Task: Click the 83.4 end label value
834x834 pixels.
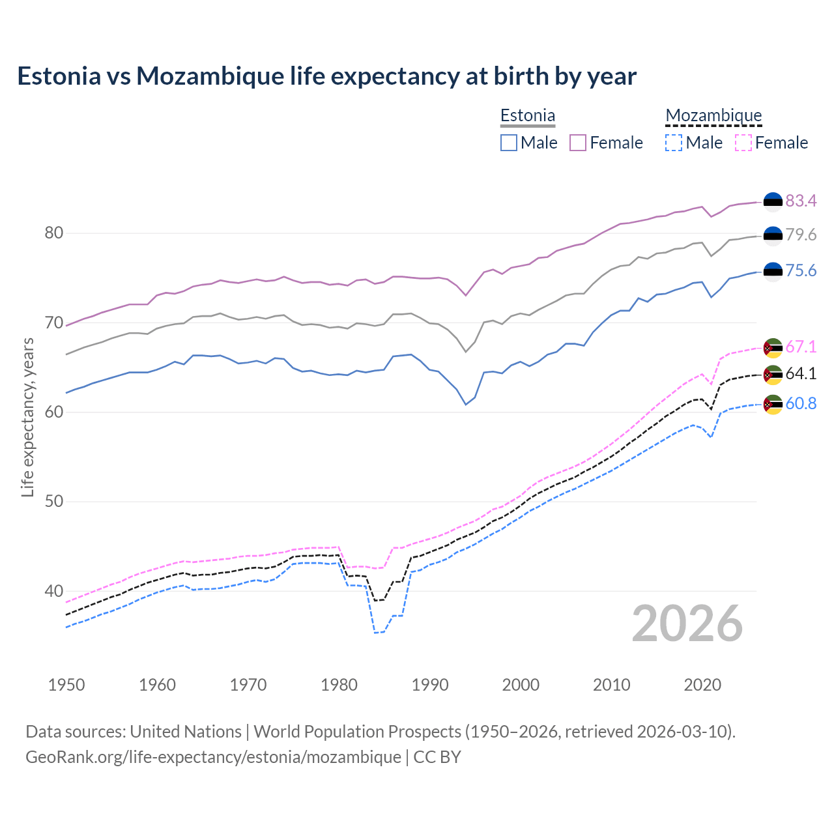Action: pyautogui.click(x=801, y=201)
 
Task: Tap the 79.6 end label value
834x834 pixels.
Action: pyautogui.click(x=801, y=235)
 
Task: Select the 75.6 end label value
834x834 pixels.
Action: pyautogui.click(x=801, y=271)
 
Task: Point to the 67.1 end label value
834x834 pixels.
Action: pyautogui.click(x=801, y=347)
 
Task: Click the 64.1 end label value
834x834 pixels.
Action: pyautogui.click(x=801, y=374)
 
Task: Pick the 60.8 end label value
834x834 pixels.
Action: pyautogui.click(x=801, y=404)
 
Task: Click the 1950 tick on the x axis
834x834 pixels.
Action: pyautogui.click(x=66, y=685)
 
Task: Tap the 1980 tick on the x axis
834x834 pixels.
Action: pyautogui.click(x=339, y=685)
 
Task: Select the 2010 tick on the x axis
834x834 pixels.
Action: pyautogui.click(x=611, y=685)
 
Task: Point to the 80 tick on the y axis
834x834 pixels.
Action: pyautogui.click(x=53, y=233)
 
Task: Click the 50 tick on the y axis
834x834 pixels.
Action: pyautogui.click(x=53, y=502)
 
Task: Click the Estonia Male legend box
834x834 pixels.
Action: pyautogui.click(x=509, y=143)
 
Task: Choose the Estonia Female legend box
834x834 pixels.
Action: pyautogui.click(x=578, y=143)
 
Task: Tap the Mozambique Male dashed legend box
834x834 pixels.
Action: pyautogui.click(x=674, y=143)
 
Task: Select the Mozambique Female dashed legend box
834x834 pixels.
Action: pyautogui.click(x=743, y=143)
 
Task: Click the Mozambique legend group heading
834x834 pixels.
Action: pyautogui.click(x=713, y=115)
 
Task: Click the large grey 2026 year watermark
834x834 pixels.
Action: pyautogui.click(x=687, y=624)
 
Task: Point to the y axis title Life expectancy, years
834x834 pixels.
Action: pyautogui.click(x=27, y=417)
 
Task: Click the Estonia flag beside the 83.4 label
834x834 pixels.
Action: pyautogui.click(x=773, y=202)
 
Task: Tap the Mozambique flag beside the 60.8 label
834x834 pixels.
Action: pyautogui.click(x=773, y=404)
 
